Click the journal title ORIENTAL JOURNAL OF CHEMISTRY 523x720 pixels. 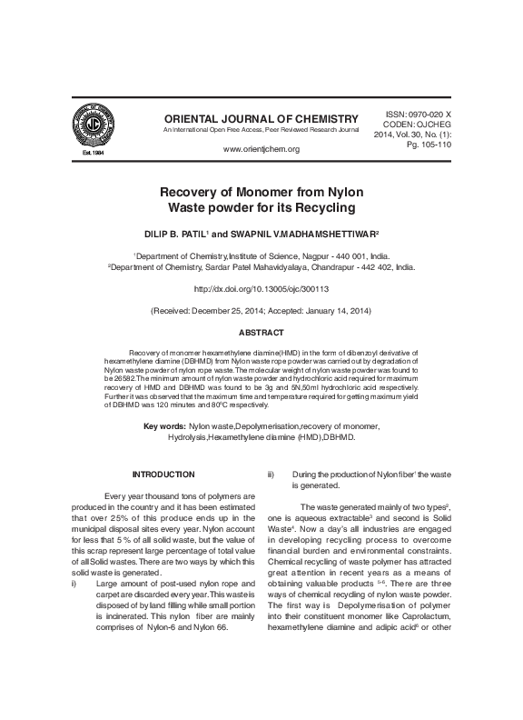click(x=261, y=119)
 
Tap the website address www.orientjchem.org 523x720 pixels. click(x=261, y=148)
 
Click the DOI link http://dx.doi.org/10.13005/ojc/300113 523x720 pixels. click(x=261, y=288)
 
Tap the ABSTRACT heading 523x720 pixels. click(x=261, y=333)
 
